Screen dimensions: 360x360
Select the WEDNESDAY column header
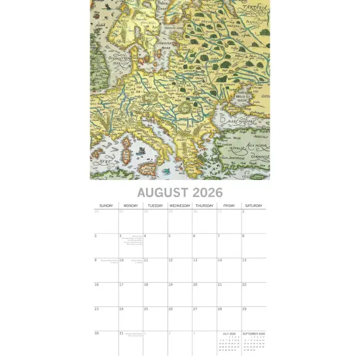[180, 206]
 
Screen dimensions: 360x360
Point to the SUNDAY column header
[106, 206]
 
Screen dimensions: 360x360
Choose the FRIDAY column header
[229, 206]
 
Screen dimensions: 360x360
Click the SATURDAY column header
[254, 206]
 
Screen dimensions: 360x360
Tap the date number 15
[244, 261]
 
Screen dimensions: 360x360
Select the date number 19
[170, 285]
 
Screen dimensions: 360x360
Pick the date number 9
[96, 261]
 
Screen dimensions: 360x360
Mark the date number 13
[195, 261]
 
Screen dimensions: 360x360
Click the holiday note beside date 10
[137, 261]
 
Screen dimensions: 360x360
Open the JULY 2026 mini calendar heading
[229, 334]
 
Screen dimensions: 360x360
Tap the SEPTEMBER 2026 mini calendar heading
[254, 334]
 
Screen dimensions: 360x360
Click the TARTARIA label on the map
[256, 10]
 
